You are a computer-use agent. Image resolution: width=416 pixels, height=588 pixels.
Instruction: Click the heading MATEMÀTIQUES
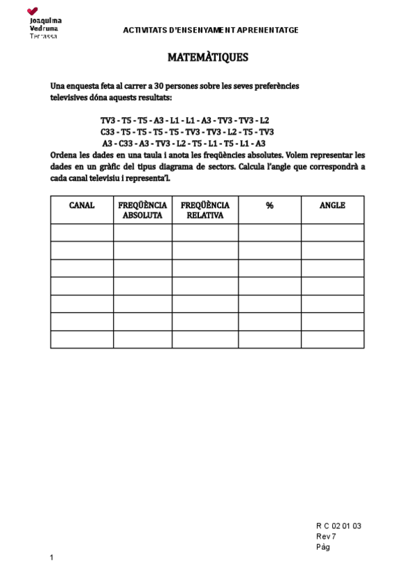point(208,58)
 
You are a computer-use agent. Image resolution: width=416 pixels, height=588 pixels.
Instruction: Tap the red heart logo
point(33,11)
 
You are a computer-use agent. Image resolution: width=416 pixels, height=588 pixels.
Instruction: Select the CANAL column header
point(82,205)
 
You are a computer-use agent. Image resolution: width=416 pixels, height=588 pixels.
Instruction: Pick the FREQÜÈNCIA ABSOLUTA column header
point(143,210)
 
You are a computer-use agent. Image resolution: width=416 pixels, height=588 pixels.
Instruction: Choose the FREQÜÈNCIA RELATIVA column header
point(205,210)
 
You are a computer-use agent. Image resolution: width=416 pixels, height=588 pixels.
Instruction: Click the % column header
point(269,205)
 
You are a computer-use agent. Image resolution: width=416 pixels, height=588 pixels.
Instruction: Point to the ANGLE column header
point(332,205)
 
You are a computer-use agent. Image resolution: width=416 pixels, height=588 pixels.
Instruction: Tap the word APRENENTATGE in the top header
point(268,31)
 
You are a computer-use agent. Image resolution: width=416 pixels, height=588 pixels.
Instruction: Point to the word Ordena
point(65,155)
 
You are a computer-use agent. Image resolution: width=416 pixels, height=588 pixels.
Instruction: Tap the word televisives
point(69,98)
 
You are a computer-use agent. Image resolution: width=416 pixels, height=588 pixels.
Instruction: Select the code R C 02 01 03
point(339,526)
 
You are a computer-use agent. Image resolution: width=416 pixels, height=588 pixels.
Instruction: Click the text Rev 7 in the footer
point(326,536)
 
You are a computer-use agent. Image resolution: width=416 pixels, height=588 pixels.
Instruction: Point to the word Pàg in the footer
point(323,546)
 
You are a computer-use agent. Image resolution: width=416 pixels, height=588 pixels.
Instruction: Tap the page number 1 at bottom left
point(52,557)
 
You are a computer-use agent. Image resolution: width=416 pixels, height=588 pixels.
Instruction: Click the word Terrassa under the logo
point(44,35)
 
